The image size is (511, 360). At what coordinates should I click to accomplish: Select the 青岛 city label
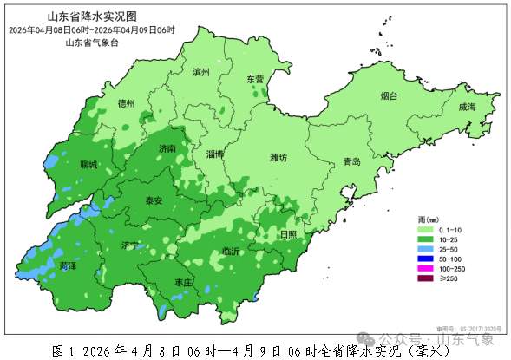(351, 162)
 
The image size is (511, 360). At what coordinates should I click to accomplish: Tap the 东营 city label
(254, 79)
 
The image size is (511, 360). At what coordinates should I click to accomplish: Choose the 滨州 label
(201, 73)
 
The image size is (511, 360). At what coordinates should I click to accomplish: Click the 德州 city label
(126, 103)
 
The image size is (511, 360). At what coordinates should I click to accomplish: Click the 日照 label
(287, 234)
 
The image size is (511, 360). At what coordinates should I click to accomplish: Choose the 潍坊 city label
(278, 158)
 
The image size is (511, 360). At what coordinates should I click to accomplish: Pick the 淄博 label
(216, 154)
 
